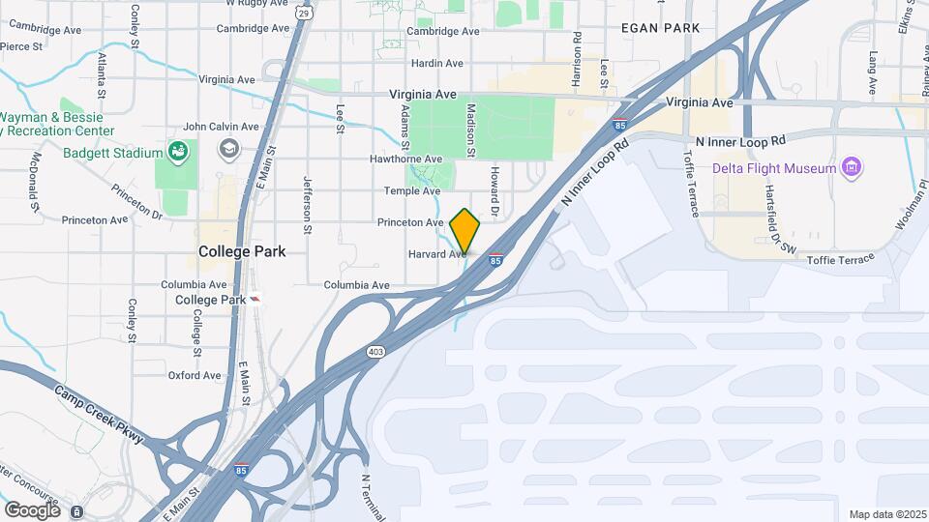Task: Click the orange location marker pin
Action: [465, 231]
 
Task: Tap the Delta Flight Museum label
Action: [774, 168]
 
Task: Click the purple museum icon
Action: [852, 168]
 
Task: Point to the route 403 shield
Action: [375, 352]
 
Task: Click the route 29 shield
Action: [305, 14]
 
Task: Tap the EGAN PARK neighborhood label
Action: [661, 28]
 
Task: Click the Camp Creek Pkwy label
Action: [99, 415]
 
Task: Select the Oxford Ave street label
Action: [195, 375]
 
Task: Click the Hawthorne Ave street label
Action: [405, 159]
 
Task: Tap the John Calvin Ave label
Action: [221, 126]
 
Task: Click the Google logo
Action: [32, 509]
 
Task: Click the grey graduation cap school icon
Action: [228, 149]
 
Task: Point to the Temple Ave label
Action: [412, 190]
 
